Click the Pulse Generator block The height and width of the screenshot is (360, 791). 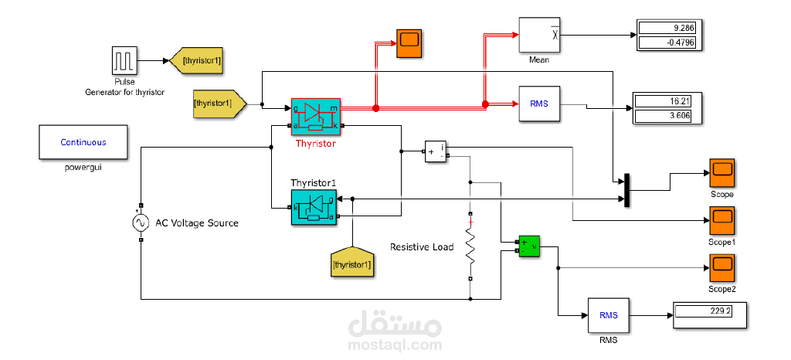[x=124, y=61]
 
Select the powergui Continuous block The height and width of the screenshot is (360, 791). [x=83, y=142]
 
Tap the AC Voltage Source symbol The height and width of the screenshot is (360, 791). [x=141, y=223]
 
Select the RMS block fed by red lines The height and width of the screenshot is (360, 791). [x=538, y=104]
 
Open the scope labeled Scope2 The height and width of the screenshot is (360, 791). [x=722, y=268]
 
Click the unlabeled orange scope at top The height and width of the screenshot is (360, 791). [x=409, y=43]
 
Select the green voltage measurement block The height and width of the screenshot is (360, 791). [x=529, y=246]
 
